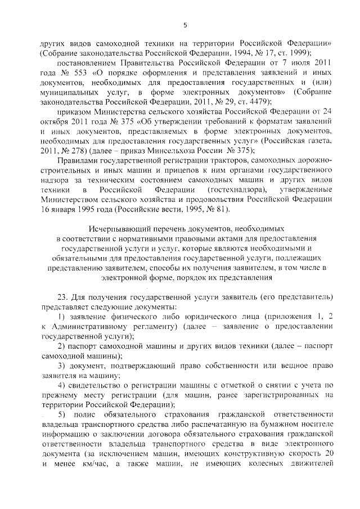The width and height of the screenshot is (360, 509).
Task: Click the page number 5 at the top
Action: pyautogui.click(x=184, y=24)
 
